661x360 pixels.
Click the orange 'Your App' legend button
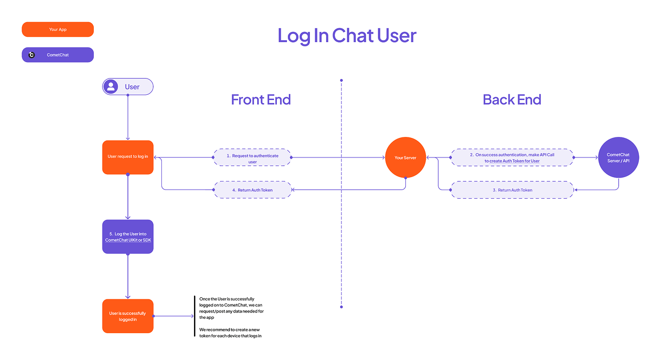click(57, 30)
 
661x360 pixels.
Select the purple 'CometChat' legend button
click(58, 55)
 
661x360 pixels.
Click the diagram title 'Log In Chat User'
click(347, 36)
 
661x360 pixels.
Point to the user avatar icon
click(111, 87)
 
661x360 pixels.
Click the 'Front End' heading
click(261, 100)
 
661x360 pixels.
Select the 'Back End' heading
click(512, 100)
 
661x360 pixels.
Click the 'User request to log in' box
click(128, 157)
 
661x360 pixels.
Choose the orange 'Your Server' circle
click(405, 157)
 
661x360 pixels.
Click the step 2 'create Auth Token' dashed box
click(512, 157)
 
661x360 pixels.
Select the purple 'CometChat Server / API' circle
click(618, 157)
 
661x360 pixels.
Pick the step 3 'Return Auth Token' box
click(512, 190)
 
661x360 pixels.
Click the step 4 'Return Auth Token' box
click(252, 190)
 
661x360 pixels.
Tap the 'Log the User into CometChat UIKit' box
click(128, 236)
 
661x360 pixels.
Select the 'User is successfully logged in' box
click(128, 316)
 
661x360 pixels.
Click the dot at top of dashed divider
click(342, 80)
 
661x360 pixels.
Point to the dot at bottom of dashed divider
click(342, 306)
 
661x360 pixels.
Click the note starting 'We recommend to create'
click(230, 333)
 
